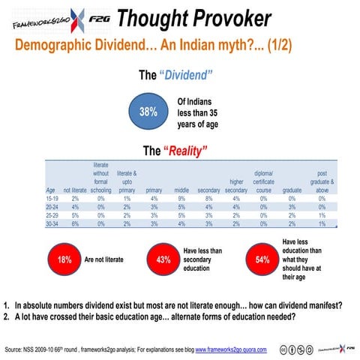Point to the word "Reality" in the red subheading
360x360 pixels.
[184, 151]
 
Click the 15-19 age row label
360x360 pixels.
[53, 199]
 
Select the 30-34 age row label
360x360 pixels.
[53, 223]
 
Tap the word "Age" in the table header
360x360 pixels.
[51, 190]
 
